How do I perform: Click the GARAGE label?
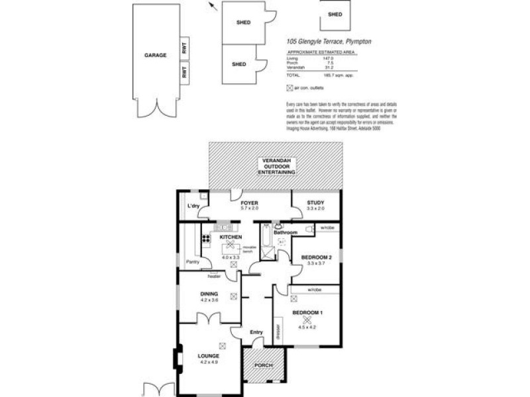tap(155, 56)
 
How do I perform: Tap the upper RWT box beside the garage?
tap(184, 48)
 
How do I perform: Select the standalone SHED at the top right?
tap(335, 15)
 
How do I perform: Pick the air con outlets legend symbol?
tap(289, 88)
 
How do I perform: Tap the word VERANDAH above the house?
tap(278, 161)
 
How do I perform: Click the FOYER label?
tap(248, 203)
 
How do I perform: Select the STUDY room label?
tap(315, 203)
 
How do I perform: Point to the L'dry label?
tap(193, 207)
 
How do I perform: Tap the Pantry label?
tap(193, 262)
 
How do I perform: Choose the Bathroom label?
tap(286, 232)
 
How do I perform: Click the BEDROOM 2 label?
tap(315, 257)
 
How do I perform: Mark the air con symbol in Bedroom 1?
tap(306, 320)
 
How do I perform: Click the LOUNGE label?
tap(209, 356)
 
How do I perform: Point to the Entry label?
tap(256, 332)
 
